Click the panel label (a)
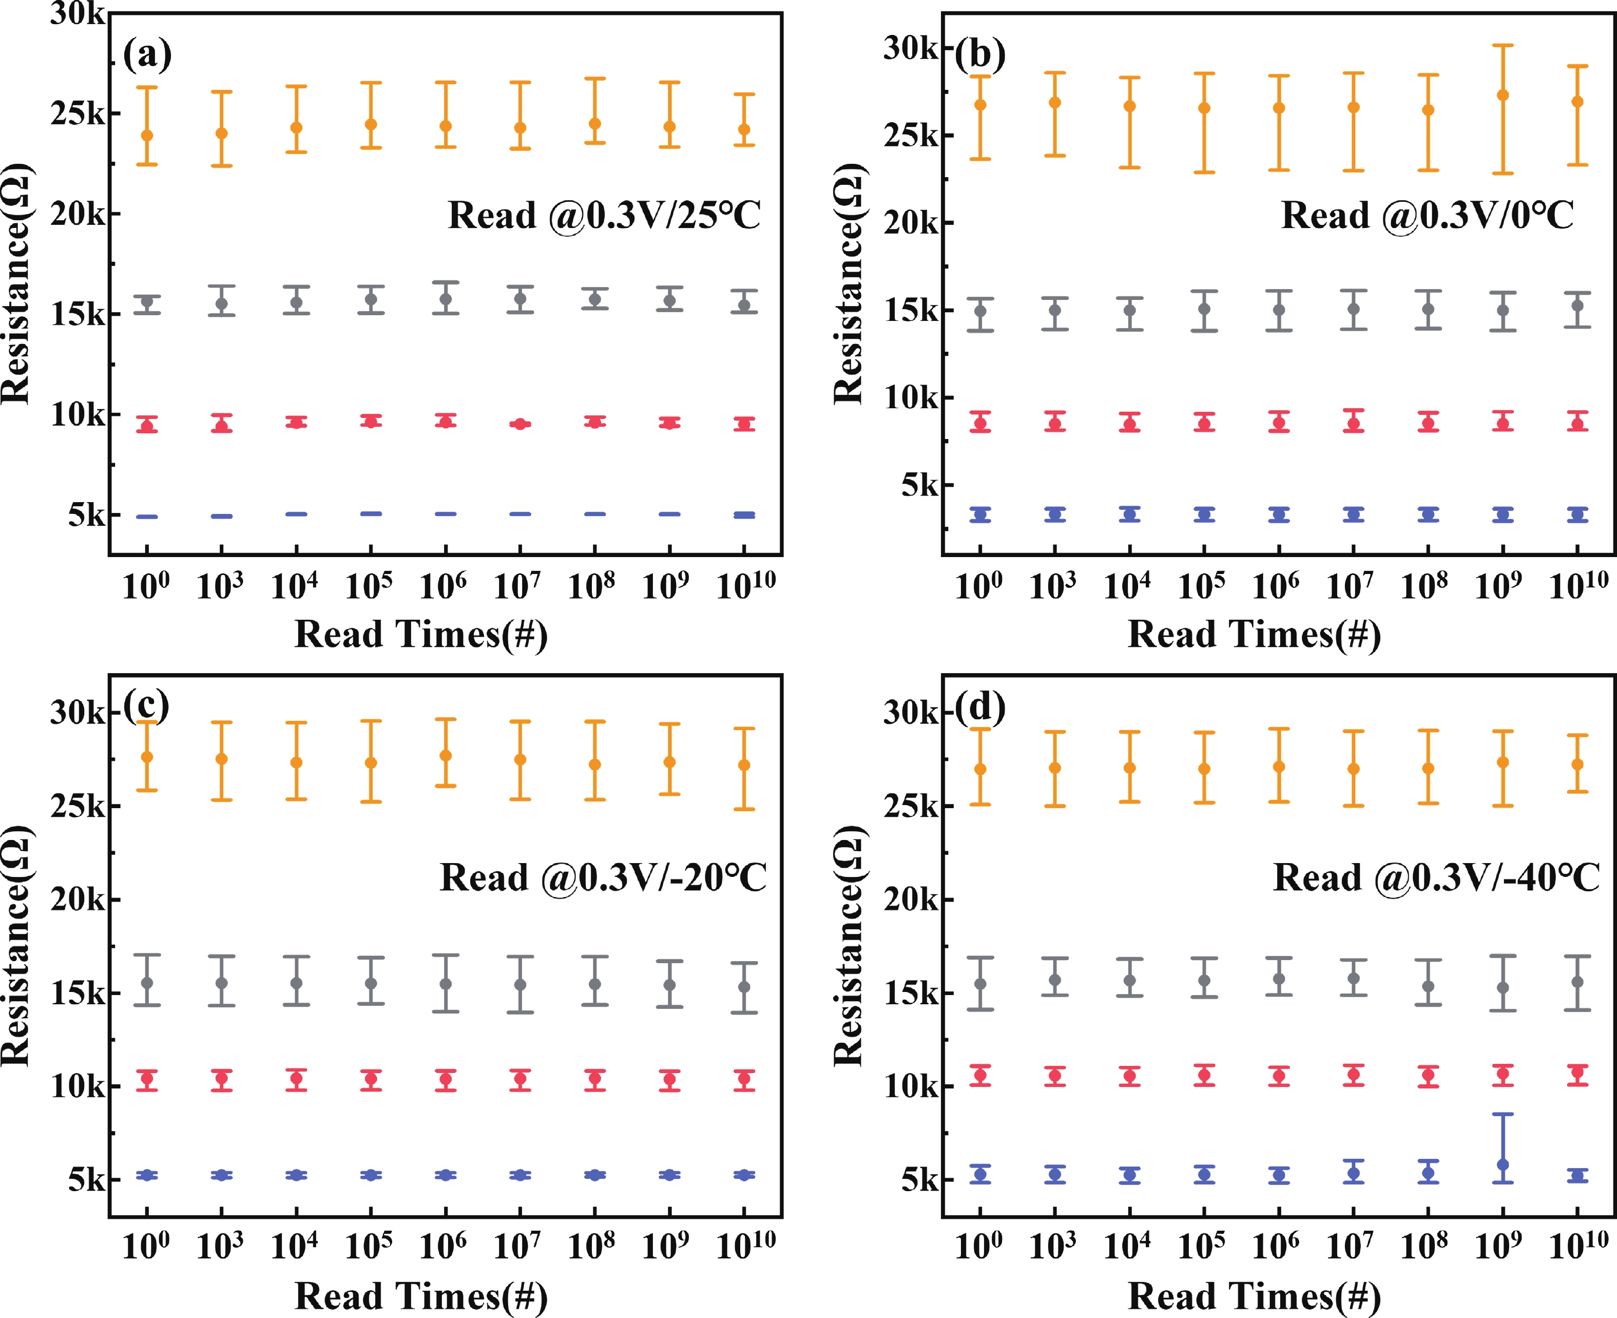coord(147,54)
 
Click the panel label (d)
coord(980,708)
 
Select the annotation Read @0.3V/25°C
coord(604,216)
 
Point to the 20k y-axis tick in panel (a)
coord(78,214)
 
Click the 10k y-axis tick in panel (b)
coord(910,397)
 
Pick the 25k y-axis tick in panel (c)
coord(78,806)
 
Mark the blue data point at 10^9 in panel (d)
coord(1503,1164)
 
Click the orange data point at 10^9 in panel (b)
coord(1503,95)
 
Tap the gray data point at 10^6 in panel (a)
coord(446,299)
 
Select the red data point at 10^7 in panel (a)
coord(520,424)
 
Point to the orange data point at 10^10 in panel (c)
coord(745,766)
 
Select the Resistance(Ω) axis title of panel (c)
coord(15,945)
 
